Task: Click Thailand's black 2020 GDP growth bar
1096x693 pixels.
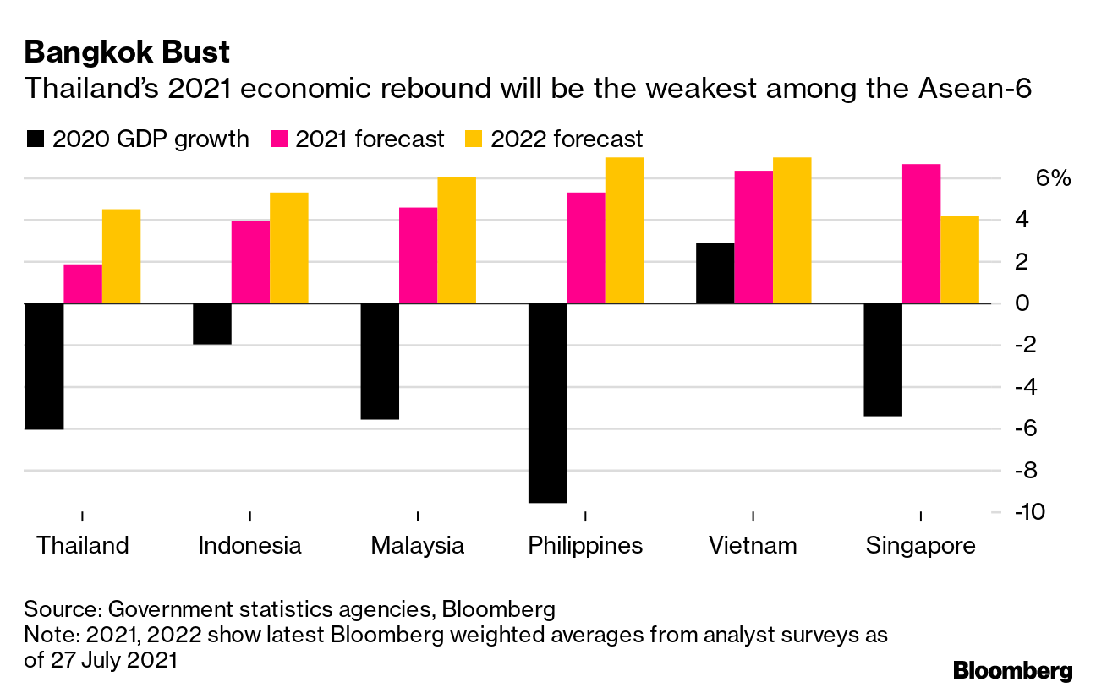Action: tap(44, 366)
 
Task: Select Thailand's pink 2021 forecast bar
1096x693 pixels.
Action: tap(83, 284)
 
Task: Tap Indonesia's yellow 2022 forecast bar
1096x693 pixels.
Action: tap(288, 248)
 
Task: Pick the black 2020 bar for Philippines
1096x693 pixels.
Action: tap(547, 402)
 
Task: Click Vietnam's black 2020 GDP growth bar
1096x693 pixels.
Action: tap(715, 273)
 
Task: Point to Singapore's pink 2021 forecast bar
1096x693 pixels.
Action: tap(921, 233)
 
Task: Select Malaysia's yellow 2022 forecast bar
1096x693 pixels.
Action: tap(457, 240)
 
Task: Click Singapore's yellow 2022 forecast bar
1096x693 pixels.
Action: tap(960, 259)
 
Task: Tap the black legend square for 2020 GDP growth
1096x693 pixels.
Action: tap(36, 139)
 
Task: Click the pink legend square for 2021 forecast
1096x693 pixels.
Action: tap(279, 139)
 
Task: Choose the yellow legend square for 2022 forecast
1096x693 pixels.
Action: tap(474, 139)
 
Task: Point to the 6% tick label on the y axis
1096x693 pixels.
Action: tap(1053, 178)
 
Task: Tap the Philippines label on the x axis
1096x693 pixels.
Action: tap(585, 546)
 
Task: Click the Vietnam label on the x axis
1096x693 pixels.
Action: tap(753, 546)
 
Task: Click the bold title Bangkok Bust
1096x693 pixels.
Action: tap(127, 52)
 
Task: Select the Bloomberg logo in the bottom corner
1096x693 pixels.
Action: tap(1013, 671)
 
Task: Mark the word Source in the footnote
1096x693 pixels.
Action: tap(58, 609)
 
